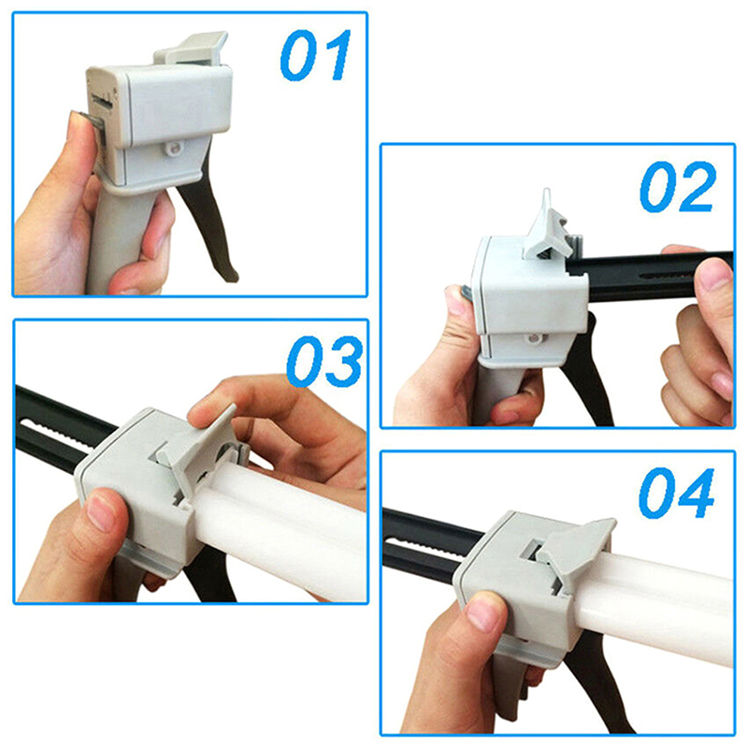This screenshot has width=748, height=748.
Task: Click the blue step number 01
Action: (x=315, y=55)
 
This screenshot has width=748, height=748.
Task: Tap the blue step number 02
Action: (x=677, y=186)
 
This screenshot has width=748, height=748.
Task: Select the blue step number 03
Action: (x=324, y=361)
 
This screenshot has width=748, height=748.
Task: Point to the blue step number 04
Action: (x=676, y=493)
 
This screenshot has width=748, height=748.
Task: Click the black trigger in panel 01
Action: (x=209, y=224)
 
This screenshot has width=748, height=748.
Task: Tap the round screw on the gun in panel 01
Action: (x=174, y=149)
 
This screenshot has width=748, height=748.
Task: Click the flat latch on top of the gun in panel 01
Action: (x=191, y=49)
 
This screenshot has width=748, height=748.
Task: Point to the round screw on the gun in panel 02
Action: (x=534, y=338)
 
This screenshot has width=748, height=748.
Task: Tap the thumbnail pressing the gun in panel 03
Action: (x=101, y=512)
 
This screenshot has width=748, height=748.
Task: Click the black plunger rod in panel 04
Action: (x=429, y=544)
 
